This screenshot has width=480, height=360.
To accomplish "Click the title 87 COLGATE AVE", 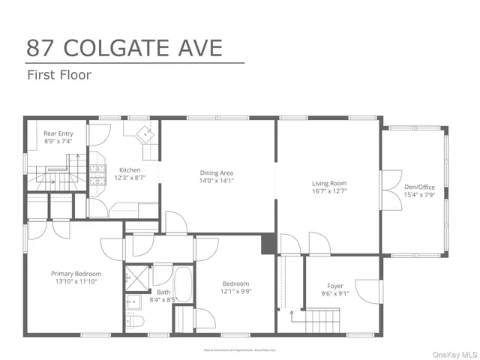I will point(124,48).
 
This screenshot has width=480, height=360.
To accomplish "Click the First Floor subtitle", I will point(59,74).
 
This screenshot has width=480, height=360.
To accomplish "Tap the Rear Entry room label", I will point(59,133).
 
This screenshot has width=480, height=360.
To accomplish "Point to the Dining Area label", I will point(216,173).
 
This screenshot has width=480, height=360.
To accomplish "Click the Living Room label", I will point(329,183).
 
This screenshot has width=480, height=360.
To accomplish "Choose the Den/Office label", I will point(419,187).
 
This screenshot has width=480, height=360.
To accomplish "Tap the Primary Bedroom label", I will point(76,274).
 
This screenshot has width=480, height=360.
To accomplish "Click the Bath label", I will point(163,292).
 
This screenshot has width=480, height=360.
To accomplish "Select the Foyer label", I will point(334,286).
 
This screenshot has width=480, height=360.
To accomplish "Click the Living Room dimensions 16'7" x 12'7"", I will point(329,191).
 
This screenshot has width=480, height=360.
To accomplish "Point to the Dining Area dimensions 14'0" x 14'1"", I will point(216,181).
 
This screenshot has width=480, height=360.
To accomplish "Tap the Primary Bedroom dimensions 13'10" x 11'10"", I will point(76,282).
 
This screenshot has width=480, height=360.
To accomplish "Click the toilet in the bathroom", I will point(136,322).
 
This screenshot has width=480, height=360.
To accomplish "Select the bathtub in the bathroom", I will point(184,283).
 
